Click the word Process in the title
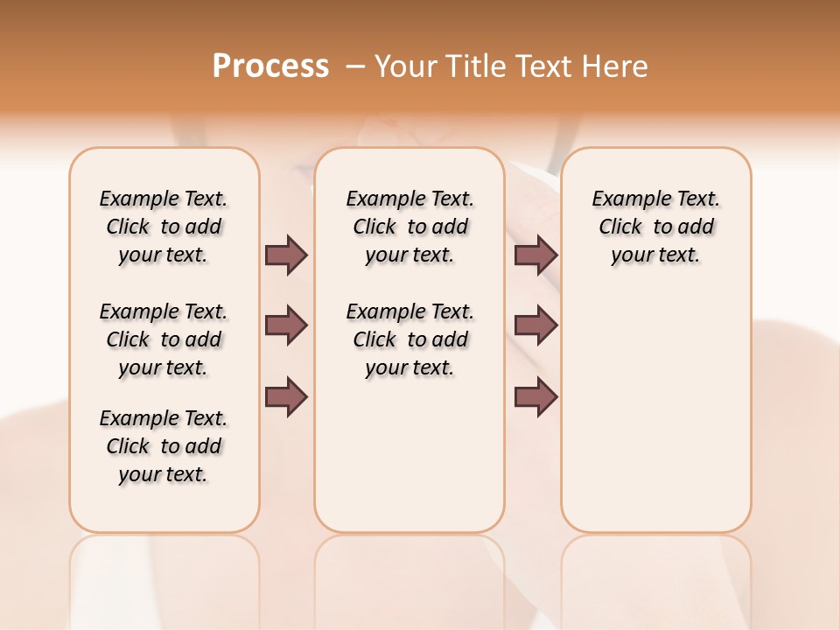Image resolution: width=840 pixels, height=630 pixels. pos(270,66)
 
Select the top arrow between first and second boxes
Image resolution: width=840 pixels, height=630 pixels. pos(286,255)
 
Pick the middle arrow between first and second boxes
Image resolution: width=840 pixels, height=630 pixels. pos(286,326)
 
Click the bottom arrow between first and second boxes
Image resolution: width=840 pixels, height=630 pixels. pos(286,397)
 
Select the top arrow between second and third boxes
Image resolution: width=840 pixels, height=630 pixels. pos(535,255)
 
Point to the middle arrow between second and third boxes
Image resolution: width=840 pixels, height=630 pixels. pos(535,326)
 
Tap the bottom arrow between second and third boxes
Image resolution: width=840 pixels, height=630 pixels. pos(535,397)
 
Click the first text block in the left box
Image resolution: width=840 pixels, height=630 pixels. pos(164,227)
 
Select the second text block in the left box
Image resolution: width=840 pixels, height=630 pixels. pos(164,339)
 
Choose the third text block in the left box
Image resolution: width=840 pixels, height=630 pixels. pos(164,446)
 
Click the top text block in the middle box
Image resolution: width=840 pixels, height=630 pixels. pos(409,227)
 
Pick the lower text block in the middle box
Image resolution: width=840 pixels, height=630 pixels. pos(409,339)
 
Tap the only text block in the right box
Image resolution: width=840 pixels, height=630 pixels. pos(655,227)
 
